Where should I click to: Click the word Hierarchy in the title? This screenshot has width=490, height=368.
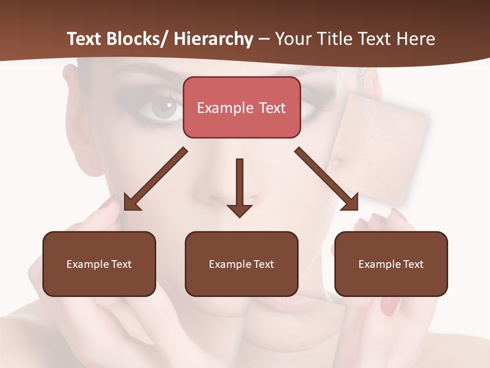tap(213, 39)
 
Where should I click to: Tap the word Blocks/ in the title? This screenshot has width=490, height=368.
tap(138, 39)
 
